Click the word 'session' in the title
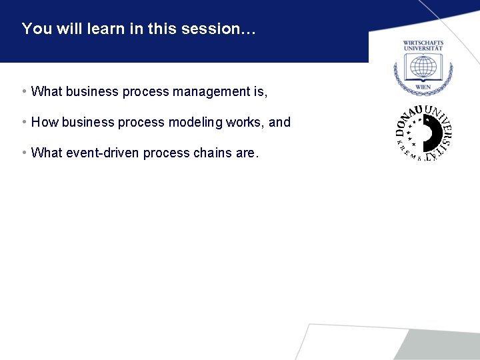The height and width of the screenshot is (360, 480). (225, 29)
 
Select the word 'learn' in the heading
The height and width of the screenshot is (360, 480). (102, 29)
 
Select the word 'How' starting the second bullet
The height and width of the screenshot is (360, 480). (44, 122)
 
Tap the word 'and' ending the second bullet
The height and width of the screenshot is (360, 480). (280, 122)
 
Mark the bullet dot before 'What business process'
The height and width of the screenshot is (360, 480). (24, 91)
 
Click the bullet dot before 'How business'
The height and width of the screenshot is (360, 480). (24, 122)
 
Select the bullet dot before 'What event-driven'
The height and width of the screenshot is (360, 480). (24, 153)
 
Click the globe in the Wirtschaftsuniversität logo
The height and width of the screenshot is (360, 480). (423, 68)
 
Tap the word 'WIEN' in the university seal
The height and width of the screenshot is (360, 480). (423, 87)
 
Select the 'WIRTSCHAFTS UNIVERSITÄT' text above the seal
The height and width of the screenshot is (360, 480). (423, 46)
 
